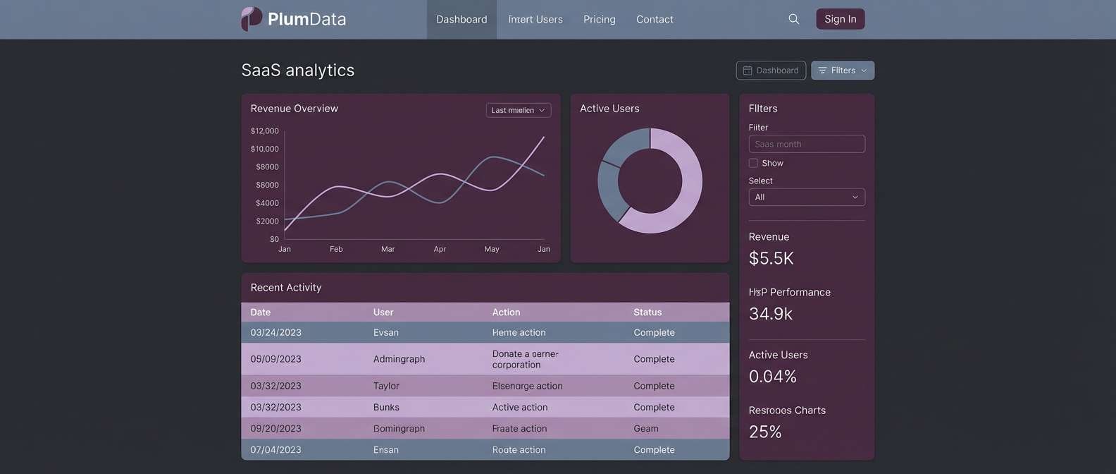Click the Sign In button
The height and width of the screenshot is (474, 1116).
[840, 19]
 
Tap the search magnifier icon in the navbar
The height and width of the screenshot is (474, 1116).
[793, 19]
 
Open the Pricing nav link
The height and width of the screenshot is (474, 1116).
[599, 19]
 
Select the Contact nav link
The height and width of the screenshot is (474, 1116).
[654, 19]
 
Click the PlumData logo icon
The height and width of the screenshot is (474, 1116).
[252, 18]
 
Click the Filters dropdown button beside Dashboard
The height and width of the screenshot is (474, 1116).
[842, 71]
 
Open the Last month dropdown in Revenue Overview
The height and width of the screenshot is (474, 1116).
[518, 110]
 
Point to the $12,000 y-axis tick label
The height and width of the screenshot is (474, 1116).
[265, 131]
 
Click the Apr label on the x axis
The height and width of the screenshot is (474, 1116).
[440, 249]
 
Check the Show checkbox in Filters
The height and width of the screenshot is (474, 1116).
[753, 163]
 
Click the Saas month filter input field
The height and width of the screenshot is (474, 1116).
[806, 144]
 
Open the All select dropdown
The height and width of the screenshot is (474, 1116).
[806, 197]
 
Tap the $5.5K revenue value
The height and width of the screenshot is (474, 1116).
[771, 258]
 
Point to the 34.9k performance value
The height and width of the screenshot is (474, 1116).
[770, 314]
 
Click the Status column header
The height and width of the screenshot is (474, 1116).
[647, 312]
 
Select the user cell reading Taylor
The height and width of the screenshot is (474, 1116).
[386, 386]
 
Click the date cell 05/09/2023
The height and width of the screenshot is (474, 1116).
[275, 359]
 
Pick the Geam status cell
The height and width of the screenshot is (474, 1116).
[645, 428]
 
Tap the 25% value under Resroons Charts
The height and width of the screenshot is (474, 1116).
[765, 432]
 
